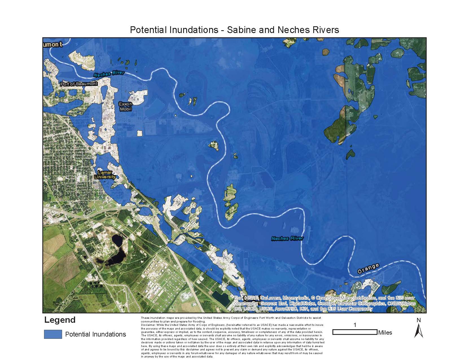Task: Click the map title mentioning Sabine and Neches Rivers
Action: click(x=234, y=30)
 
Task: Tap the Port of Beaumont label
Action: click(x=79, y=84)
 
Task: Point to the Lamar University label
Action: click(x=105, y=175)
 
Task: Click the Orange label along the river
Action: click(x=368, y=269)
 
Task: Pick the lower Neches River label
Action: click(x=287, y=238)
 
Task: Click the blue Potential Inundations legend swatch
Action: click(x=53, y=334)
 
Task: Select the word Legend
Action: click(x=60, y=320)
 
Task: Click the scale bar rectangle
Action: click(x=355, y=332)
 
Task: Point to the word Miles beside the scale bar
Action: click(x=385, y=333)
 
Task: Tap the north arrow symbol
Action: click(x=419, y=331)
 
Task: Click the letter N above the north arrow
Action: click(x=419, y=320)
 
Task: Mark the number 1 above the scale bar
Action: click(x=355, y=325)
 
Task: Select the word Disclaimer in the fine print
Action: click(x=147, y=325)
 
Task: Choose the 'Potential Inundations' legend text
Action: click(x=96, y=334)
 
